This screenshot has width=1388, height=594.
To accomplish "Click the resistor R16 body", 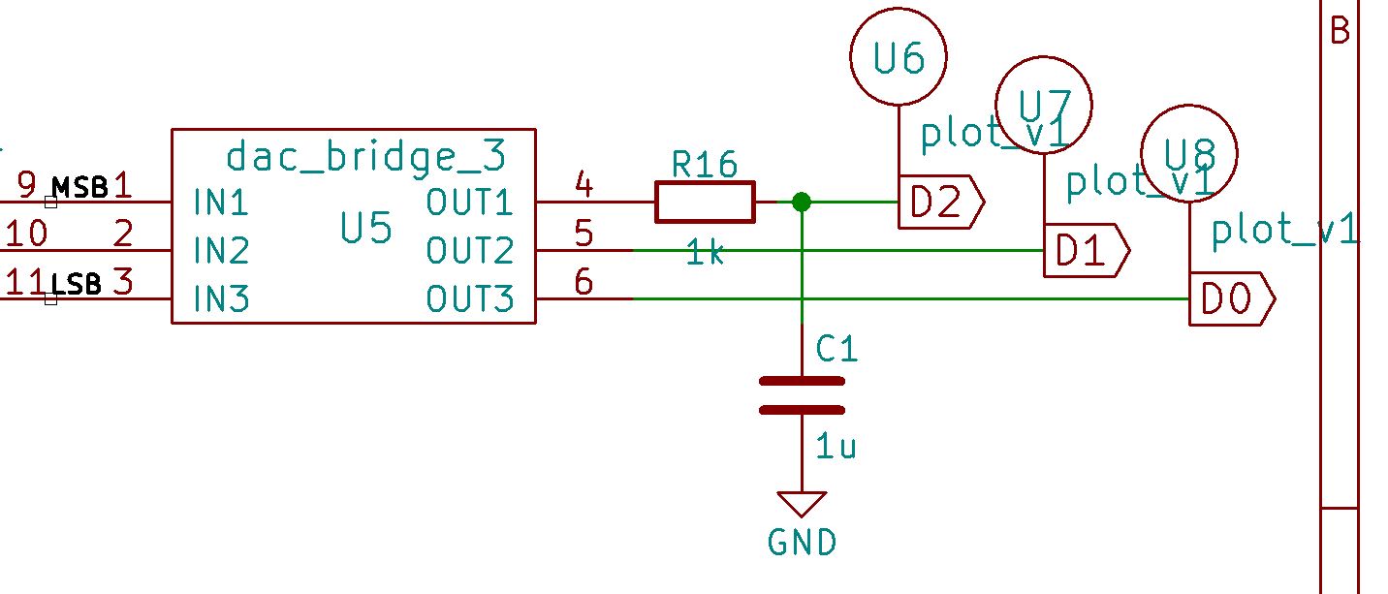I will tap(705, 203).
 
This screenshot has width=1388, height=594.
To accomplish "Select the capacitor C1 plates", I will tap(802, 395).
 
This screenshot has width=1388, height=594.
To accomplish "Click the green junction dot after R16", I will tap(802, 203).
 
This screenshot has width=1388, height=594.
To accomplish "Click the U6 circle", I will tap(899, 59).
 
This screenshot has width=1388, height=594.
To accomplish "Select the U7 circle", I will tap(1044, 105).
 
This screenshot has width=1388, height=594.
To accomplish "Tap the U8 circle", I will tap(1188, 153).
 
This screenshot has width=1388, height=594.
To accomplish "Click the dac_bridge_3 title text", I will tap(365, 155).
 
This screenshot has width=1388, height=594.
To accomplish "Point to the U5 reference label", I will tap(366, 230).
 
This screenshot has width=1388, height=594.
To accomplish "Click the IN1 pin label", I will tap(221, 203).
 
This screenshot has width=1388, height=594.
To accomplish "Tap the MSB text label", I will tap(79, 187).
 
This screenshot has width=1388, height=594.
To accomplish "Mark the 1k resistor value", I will tap(705, 254).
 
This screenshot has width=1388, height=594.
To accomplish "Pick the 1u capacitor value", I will tap(836, 447).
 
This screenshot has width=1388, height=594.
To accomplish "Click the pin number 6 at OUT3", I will tap(584, 282).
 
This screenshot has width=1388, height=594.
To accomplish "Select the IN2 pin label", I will tap(221, 252).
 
